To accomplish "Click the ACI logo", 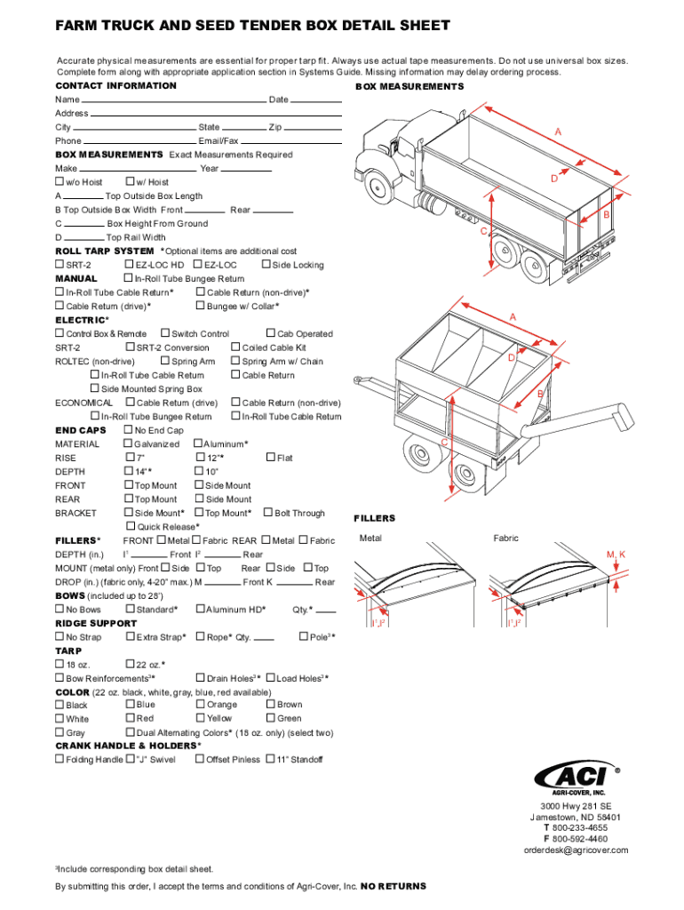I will tap(573, 776).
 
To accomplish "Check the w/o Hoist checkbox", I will tap(60, 182).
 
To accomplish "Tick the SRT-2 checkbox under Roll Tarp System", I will tap(60, 265).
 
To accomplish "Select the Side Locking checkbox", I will tap(266, 265).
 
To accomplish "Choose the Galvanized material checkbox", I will tap(128, 443).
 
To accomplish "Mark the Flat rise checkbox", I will tap(270, 458).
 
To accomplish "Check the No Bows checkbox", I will tap(60, 610).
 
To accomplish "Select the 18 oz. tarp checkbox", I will tap(60, 665).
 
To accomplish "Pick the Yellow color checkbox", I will tap(200, 718).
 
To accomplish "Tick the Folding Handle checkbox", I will tap(60, 760).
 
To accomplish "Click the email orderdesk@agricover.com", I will tap(576, 850).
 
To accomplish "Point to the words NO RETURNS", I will tap(394, 886).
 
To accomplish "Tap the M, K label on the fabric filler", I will tap(616, 555).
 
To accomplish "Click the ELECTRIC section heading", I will tap(81, 320).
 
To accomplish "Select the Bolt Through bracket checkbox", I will tap(268, 513).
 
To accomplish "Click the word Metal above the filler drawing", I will tap(370, 539).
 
